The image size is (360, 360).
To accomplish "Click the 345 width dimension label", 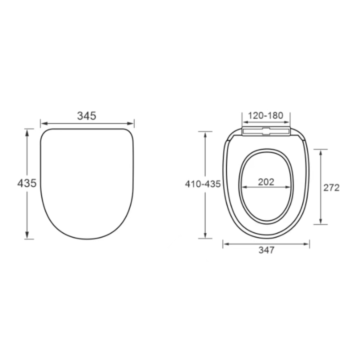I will pos(87,116).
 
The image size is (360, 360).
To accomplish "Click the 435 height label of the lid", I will pos(27,183).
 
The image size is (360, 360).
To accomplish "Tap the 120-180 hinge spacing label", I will pos(266,116).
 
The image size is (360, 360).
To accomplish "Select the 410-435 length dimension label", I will pos(203,184).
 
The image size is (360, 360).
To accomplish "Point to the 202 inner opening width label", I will pos(266,182).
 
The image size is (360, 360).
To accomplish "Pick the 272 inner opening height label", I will pos(331,187).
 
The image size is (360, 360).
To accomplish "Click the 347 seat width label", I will pos(266,250).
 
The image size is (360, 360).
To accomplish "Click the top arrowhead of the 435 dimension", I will pos(27,132).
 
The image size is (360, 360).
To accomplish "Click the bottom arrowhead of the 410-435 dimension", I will pos(206,236).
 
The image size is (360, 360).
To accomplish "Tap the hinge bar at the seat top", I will pos(266,131).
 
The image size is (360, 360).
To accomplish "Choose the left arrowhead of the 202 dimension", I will pos(243,187).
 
